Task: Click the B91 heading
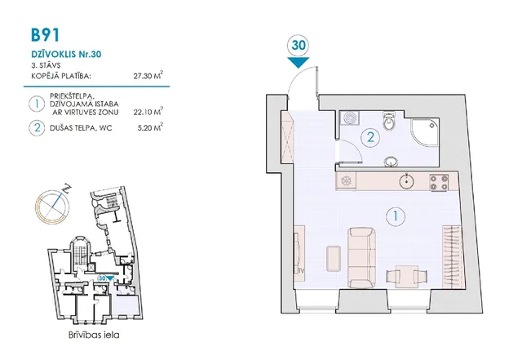click(46, 35)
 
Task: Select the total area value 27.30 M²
click(148, 75)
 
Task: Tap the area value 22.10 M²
click(148, 111)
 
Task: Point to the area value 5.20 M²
click(150, 127)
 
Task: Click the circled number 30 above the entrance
click(299, 45)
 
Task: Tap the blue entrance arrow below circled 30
click(299, 62)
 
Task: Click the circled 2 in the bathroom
click(370, 136)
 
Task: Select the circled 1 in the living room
click(396, 216)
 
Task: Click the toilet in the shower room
click(388, 122)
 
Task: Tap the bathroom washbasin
click(391, 162)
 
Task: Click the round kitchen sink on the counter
click(407, 182)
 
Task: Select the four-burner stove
click(439, 182)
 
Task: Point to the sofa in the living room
click(362, 258)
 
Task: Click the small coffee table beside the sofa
click(334, 258)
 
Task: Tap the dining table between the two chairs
click(407, 277)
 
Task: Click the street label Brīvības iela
click(94, 335)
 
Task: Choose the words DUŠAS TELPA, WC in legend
click(81, 127)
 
